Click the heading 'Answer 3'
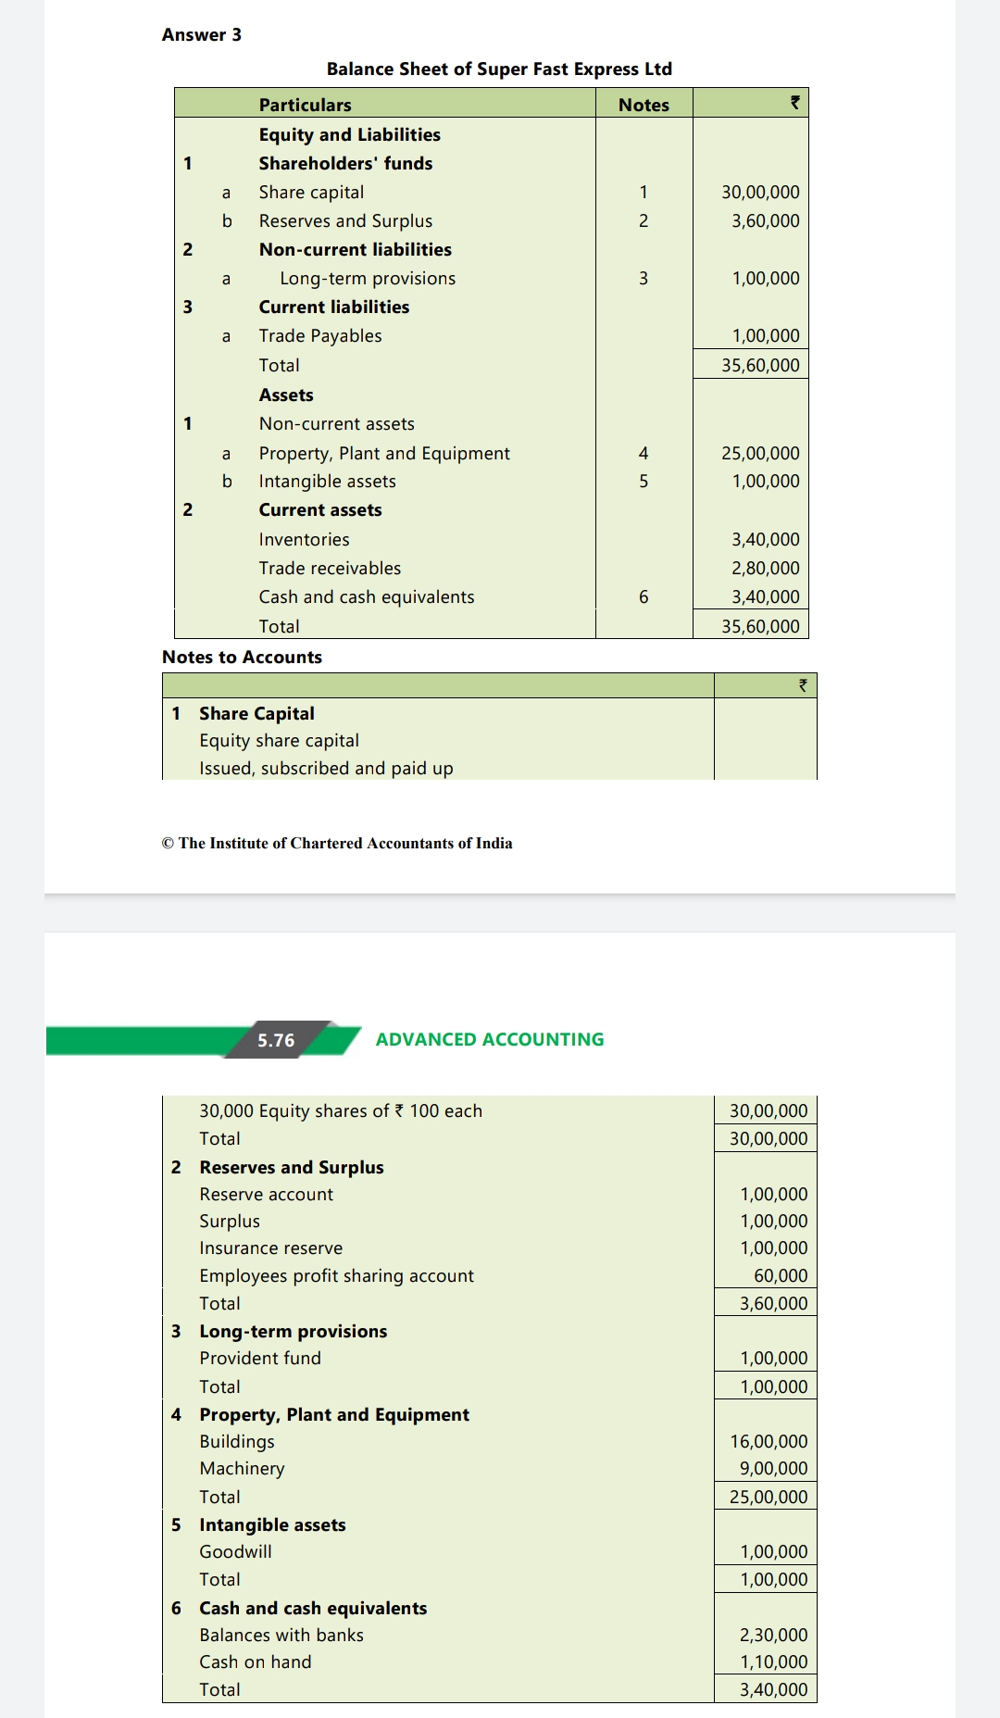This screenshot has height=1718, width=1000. (x=201, y=35)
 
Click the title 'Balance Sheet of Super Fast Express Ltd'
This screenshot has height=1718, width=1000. (x=499, y=69)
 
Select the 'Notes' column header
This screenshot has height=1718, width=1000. (x=644, y=105)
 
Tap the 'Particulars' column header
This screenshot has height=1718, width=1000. (x=305, y=105)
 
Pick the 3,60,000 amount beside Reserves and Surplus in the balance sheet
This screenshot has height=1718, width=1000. (x=765, y=221)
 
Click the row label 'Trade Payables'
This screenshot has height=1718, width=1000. (x=319, y=336)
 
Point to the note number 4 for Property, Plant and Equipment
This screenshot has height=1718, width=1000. (x=644, y=454)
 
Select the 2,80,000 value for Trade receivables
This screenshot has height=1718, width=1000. (x=765, y=569)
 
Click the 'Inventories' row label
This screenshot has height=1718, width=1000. (x=304, y=540)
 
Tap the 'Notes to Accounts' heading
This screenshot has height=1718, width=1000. (x=242, y=658)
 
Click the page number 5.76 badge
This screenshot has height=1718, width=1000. (x=276, y=1040)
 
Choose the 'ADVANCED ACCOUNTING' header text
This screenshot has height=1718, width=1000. (x=489, y=1039)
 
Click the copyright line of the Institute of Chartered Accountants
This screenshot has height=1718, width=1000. (x=337, y=843)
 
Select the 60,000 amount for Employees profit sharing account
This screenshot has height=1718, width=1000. (x=780, y=1276)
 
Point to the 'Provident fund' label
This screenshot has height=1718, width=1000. (x=260, y=1359)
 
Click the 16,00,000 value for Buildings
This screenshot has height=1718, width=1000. (x=768, y=1442)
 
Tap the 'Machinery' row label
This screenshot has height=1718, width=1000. (x=242, y=1469)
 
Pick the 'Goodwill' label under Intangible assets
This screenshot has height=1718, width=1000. (x=235, y=1552)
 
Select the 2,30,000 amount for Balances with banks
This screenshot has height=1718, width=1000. (x=772, y=1636)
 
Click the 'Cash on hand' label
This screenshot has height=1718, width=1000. (x=255, y=1662)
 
